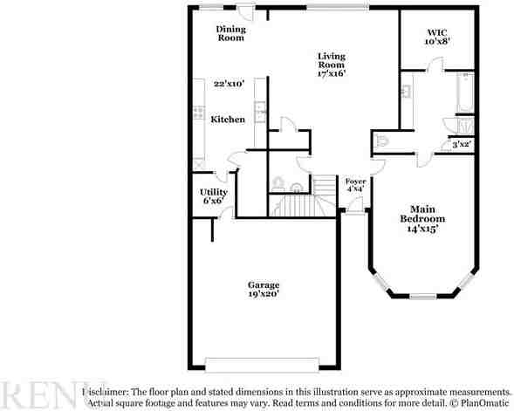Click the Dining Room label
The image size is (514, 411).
point(231,33)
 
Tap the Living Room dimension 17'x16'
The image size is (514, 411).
point(331,73)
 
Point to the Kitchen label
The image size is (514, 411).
point(228,119)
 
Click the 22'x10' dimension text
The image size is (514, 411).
point(229,84)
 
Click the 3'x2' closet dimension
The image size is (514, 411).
point(461,144)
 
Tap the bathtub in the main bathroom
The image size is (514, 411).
point(464,96)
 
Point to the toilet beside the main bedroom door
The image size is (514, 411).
point(380,140)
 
